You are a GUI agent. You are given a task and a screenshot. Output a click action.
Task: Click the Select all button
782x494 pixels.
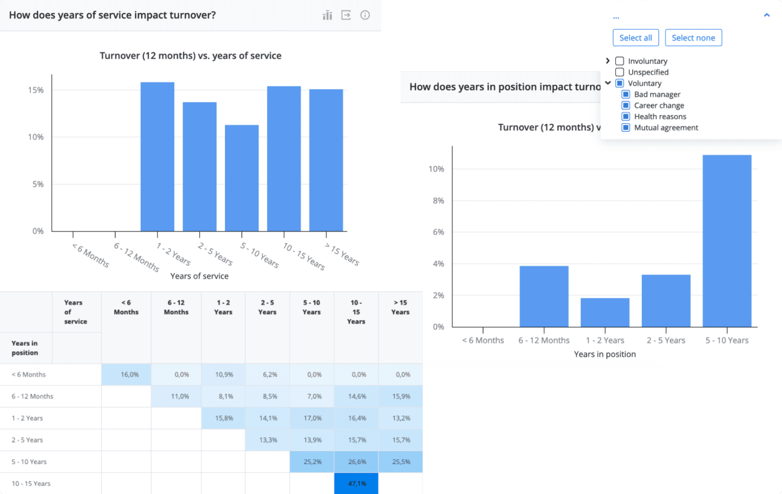(635, 38)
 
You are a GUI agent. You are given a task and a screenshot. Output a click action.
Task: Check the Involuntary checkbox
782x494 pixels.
(620, 61)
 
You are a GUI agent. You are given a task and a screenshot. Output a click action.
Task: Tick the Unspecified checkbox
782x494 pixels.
(620, 72)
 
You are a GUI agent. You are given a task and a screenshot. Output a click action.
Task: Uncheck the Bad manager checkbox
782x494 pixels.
(626, 94)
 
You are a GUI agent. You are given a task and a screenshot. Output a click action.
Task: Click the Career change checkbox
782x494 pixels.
(626, 105)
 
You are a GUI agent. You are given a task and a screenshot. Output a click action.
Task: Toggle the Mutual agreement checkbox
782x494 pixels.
(626, 128)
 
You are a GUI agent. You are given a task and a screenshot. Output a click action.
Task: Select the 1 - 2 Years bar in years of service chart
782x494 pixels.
(157, 157)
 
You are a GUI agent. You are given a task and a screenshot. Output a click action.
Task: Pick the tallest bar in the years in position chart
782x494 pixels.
(727, 241)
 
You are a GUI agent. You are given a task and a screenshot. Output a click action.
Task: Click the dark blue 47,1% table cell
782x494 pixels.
(356, 483)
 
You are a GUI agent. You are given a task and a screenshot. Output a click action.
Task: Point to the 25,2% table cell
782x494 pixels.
(312, 462)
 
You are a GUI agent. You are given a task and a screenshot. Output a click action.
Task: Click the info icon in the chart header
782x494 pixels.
(365, 15)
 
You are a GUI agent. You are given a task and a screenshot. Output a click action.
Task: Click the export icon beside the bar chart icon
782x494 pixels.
(346, 15)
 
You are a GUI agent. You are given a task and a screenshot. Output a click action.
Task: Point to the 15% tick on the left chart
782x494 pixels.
(36, 90)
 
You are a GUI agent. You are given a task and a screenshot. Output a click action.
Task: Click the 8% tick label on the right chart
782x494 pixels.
(438, 201)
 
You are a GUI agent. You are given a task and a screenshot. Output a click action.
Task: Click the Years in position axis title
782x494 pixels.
(604, 354)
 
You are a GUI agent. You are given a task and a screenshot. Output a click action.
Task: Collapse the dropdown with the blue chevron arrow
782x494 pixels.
(767, 15)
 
